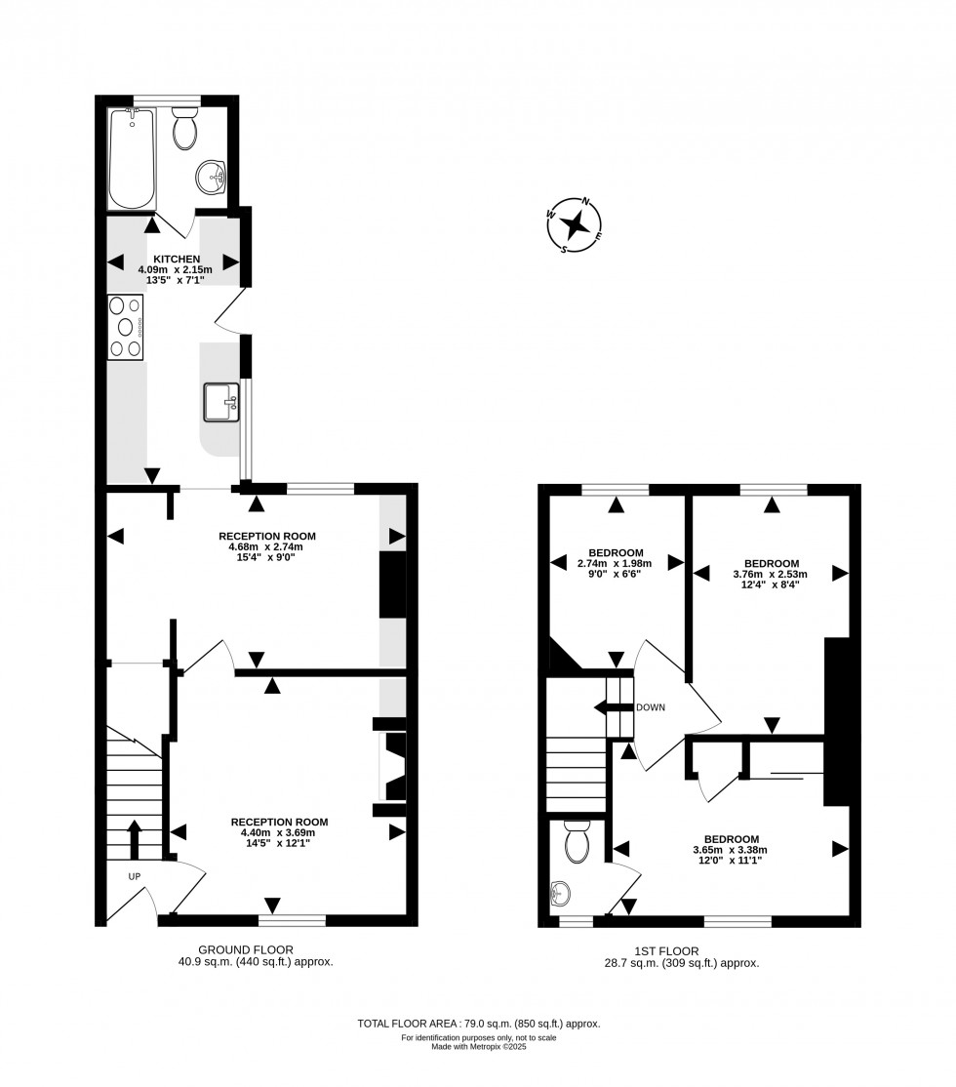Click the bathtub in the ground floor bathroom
tap(132, 159)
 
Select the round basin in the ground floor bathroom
tap(211, 179)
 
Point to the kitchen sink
tap(221, 402)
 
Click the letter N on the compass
tap(586, 202)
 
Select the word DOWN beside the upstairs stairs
tap(650, 707)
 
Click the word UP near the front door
tap(135, 876)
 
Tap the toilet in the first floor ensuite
tap(577, 841)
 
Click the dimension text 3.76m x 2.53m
tap(772, 575)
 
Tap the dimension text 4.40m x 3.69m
tap(278, 832)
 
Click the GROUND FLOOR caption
tap(246, 949)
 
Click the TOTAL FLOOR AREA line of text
tap(478, 1024)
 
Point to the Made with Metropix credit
tap(478, 1047)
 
